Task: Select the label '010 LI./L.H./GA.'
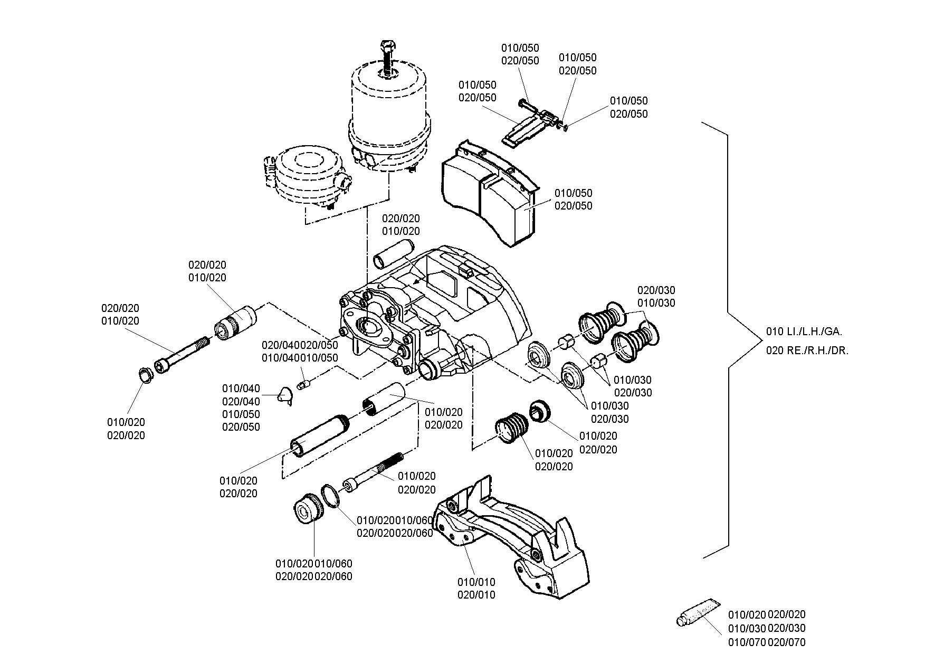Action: coord(804,332)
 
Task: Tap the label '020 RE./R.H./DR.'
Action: coord(807,350)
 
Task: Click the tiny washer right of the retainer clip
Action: coord(566,127)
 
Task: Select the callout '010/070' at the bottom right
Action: coord(747,642)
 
